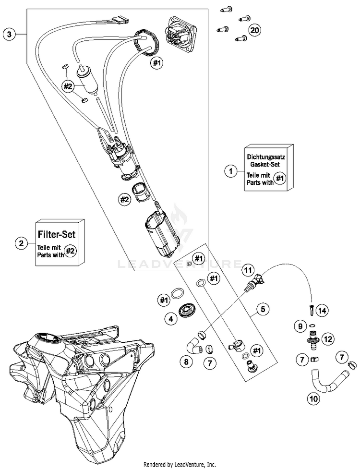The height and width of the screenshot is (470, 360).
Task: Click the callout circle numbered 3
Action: click(9, 34)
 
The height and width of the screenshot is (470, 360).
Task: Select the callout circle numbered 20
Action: click(255, 30)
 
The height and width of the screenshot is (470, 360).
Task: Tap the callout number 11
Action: click(248, 270)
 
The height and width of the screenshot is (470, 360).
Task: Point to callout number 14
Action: click(322, 311)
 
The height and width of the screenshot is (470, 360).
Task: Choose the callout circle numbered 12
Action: click(328, 339)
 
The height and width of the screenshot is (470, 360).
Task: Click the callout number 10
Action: click(313, 398)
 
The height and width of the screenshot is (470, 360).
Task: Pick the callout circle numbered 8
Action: click(186, 362)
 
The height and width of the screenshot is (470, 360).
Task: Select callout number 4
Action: click(171, 319)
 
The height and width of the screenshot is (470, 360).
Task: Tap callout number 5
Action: click(263, 309)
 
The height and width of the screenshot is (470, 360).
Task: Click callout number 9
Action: click(300, 326)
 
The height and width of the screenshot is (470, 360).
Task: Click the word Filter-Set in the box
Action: click(57, 234)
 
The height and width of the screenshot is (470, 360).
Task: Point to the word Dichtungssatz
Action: click(266, 157)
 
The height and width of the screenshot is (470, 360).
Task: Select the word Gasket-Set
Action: click(265, 164)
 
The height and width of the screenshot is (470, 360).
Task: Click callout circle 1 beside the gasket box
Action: click(230, 171)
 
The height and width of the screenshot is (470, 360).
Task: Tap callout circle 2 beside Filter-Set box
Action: click(21, 243)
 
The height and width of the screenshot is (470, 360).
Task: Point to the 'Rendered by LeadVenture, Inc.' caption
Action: click(180, 465)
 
